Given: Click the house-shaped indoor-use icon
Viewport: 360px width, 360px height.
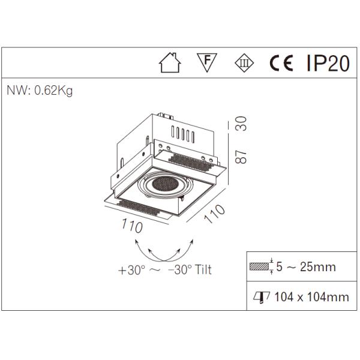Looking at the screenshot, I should click(x=169, y=64).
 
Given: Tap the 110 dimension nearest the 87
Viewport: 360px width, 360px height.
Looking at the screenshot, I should click(x=214, y=214).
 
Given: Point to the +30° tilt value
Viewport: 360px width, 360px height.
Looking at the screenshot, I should click(x=131, y=270).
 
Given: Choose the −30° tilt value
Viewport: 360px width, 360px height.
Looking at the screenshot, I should click(x=180, y=270).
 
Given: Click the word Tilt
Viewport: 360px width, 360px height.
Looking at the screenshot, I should click(x=203, y=270).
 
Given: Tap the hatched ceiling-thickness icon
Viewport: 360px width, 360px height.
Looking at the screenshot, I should click(x=259, y=267).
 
